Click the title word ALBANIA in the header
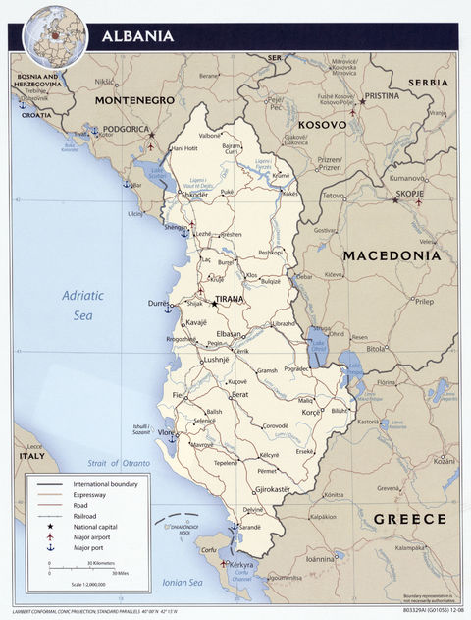[x=137, y=37]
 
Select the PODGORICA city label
[x=123, y=129]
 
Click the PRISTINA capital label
[x=382, y=97]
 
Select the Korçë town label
[x=310, y=416]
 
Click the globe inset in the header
[x=55, y=35]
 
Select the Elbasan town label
[x=230, y=334]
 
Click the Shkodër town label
[x=193, y=195]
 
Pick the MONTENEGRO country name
[x=134, y=100]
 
